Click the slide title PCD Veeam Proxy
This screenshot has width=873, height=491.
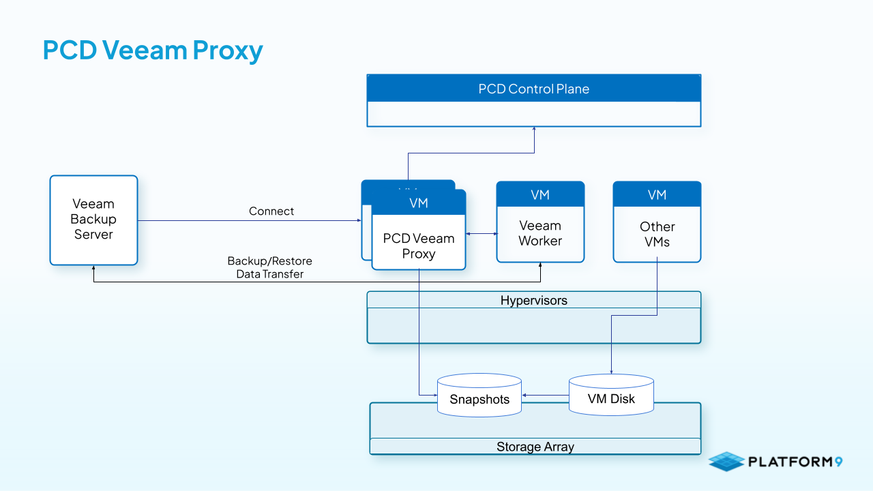(x=153, y=50)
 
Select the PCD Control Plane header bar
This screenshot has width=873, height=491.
(x=533, y=89)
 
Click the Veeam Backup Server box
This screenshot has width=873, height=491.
(x=93, y=220)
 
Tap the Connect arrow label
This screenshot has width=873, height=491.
(x=271, y=211)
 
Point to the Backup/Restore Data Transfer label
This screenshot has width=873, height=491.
(x=270, y=267)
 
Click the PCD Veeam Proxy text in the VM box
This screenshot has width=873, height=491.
(x=419, y=246)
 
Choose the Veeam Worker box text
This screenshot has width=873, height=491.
(x=540, y=233)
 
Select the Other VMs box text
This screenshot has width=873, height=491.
(x=657, y=234)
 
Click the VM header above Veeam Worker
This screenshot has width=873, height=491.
(x=540, y=195)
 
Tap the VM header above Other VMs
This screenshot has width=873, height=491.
(x=657, y=195)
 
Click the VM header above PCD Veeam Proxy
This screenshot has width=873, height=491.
(x=419, y=203)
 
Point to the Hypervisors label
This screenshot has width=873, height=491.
(x=533, y=301)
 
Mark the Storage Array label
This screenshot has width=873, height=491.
(x=535, y=447)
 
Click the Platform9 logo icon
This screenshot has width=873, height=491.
(x=726, y=462)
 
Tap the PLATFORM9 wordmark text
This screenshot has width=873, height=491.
(x=795, y=462)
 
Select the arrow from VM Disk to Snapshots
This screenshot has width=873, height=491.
(x=545, y=394)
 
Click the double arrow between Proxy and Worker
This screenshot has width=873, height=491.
(x=481, y=234)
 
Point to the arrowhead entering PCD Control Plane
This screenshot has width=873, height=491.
(x=534, y=130)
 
